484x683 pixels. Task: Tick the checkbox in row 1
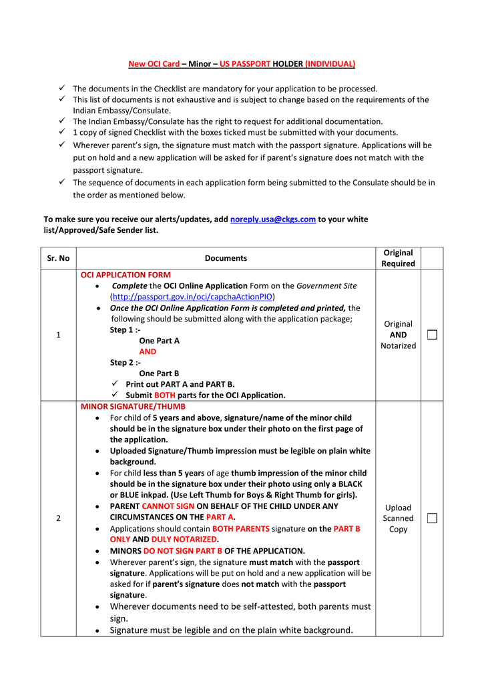point(432,335)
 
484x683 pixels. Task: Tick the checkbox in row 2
point(432,518)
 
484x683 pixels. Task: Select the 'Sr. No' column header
point(58,258)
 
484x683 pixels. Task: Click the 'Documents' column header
point(226,258)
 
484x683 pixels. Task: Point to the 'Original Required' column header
point(398,258)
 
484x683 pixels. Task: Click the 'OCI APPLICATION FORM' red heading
point(126,275)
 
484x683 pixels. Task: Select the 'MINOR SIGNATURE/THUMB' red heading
point(133,406)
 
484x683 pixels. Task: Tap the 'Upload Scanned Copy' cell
point(398,518)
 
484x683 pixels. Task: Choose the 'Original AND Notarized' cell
point(398,335)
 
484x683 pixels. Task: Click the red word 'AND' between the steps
point(148,352)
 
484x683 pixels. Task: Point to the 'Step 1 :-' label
point(125,329)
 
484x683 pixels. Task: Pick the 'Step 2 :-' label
point(125,363)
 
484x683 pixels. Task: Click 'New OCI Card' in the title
point(154,64)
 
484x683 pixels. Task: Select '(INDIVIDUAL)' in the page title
point(330,64)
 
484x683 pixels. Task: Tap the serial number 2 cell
point(58,518)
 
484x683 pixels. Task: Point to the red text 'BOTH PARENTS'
point(241,528)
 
